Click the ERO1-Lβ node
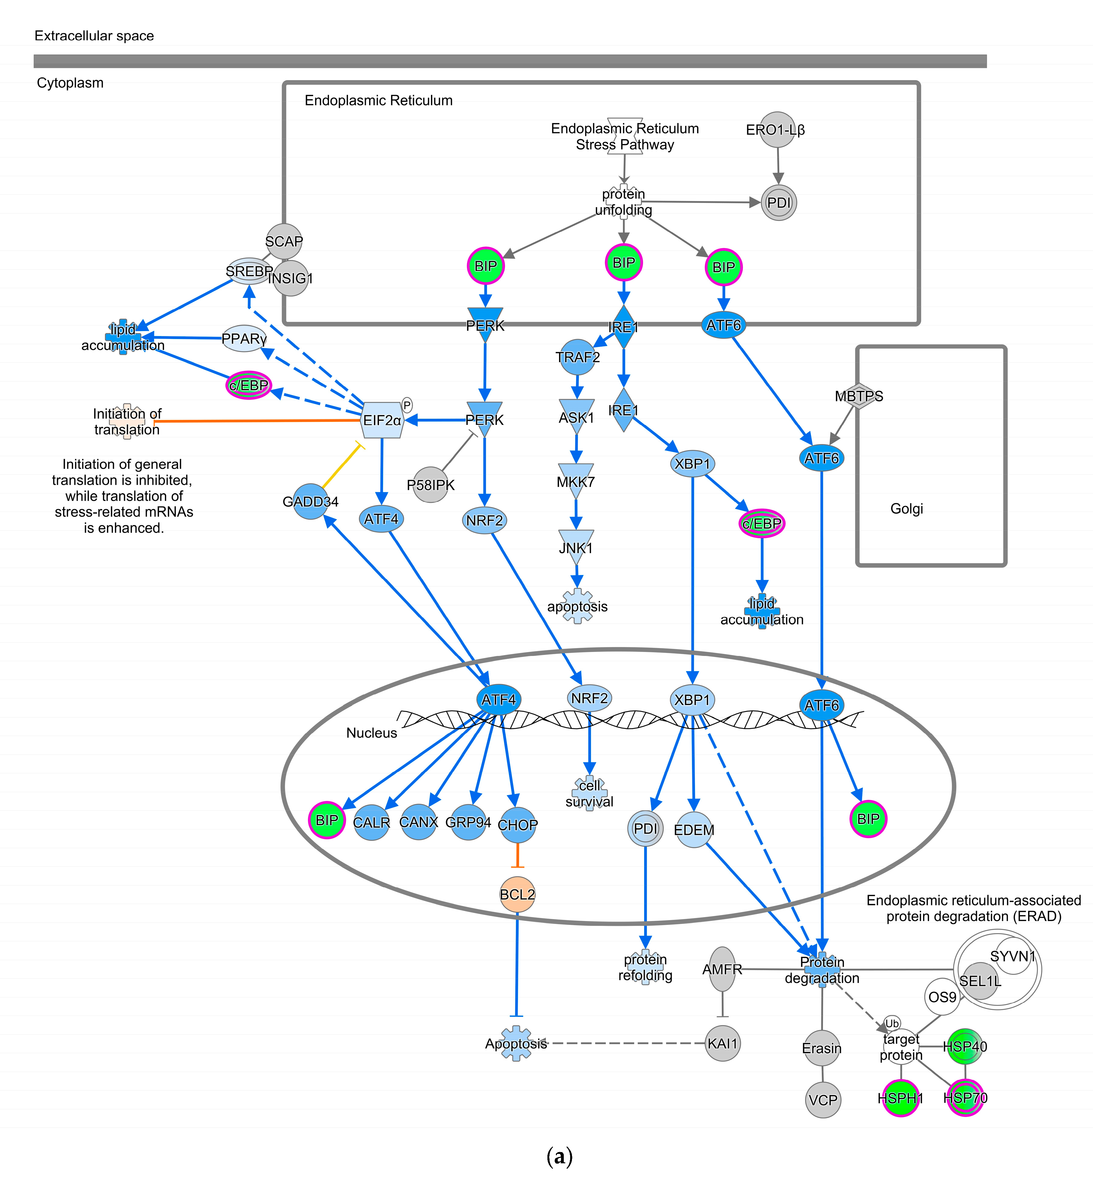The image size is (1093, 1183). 777,129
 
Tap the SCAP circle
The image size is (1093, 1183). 284,241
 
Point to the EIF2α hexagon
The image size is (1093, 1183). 382,420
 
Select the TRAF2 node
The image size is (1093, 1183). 577,357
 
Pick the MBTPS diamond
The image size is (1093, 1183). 859,396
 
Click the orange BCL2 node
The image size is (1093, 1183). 517,894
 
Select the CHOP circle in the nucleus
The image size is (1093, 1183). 517,824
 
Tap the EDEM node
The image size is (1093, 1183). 694,830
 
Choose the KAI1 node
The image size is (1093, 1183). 723,1043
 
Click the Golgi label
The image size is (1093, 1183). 906,508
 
